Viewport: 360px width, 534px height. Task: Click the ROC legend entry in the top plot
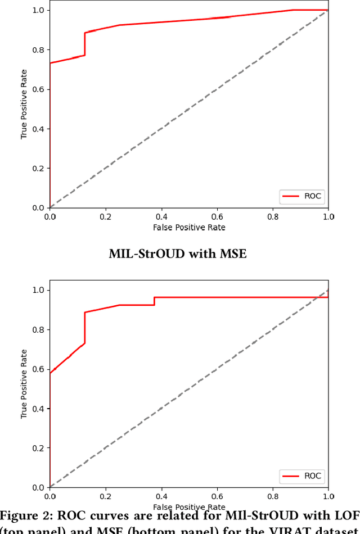303,196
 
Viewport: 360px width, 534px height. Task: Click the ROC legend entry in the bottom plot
303,476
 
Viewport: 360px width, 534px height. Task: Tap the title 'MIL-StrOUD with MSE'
178,254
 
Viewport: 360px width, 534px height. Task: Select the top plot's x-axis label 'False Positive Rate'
189,227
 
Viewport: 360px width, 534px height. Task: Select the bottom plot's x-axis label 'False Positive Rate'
189,507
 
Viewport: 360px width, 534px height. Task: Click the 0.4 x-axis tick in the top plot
161,217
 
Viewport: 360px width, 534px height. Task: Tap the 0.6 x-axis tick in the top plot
217,217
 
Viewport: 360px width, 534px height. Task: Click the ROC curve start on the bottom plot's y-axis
50,373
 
